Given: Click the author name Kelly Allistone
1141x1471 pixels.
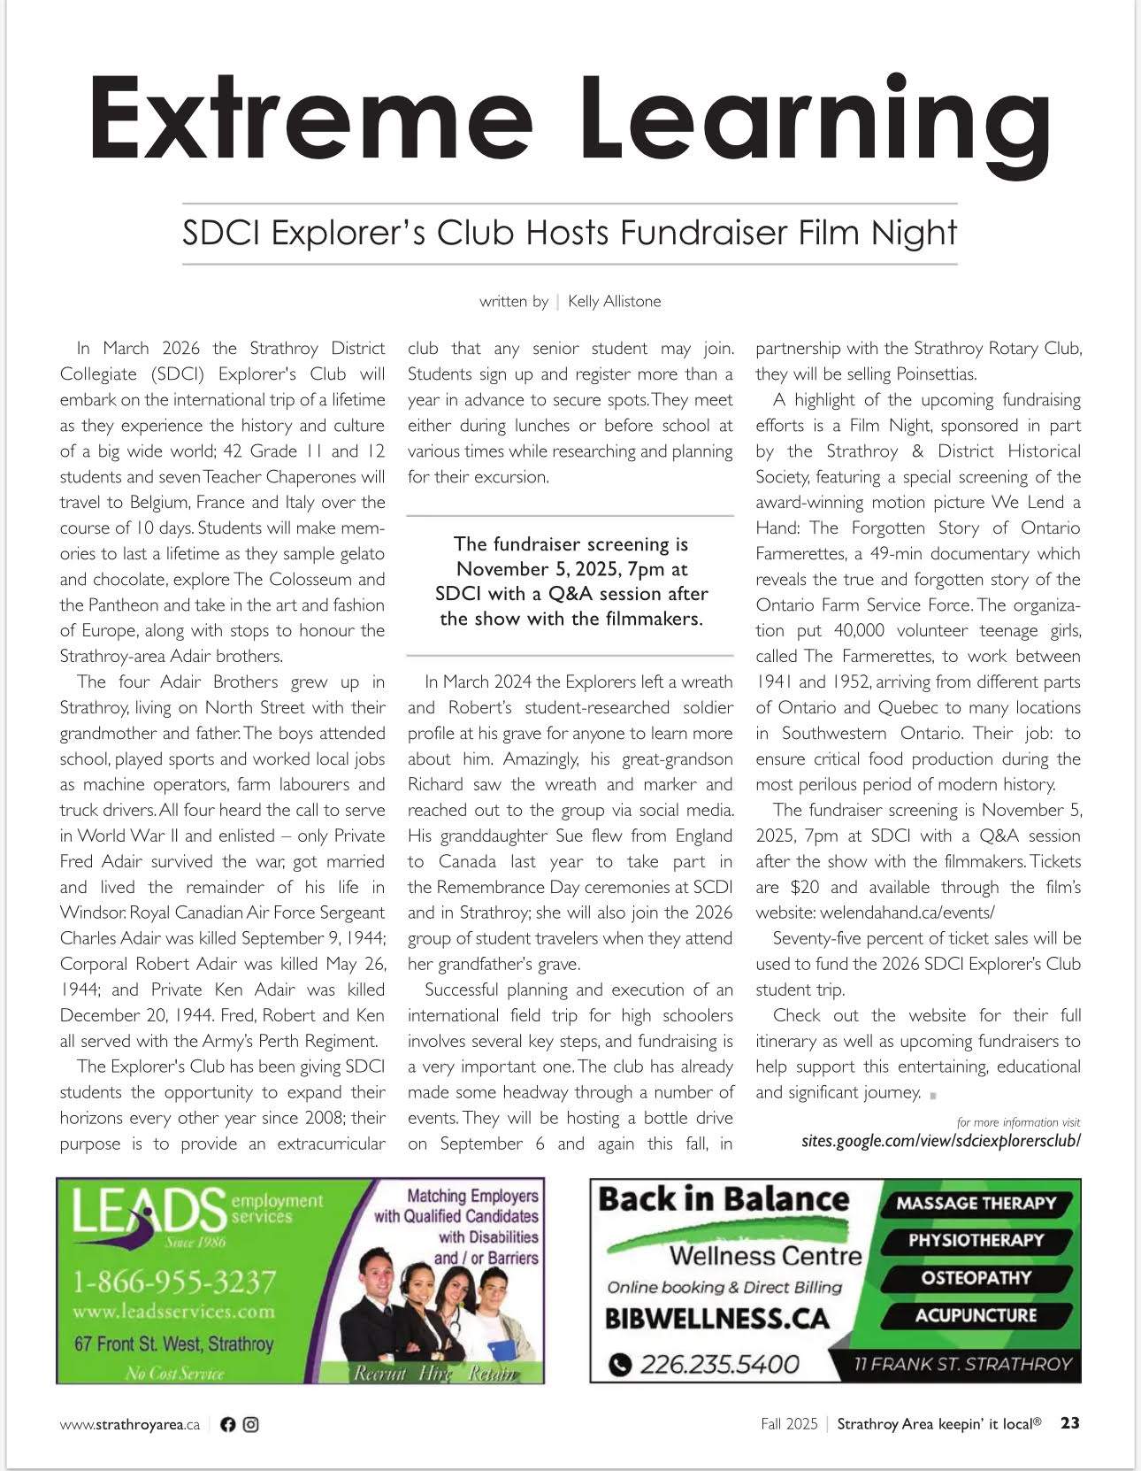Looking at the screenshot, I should pyautogui.click(x=614, y=302).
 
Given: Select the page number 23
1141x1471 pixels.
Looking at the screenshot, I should pyautogui.click(x=1070, y=1423).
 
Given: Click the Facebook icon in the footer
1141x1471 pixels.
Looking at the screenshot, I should pyautogui.click(x=228, y=1424).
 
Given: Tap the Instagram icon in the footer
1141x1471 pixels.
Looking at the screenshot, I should pyautogui.click(x=251, y=1424).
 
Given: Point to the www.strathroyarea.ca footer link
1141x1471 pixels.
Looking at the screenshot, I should pyautogui.click(x=130, y=1425).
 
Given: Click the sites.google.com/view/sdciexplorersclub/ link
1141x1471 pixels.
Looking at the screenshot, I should pyautogui.click(x=940, y=1140).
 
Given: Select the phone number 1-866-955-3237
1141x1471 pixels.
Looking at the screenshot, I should pyautogui.click(x=174, y=1282).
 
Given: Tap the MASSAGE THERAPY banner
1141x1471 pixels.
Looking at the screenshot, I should pyautogui.click(x=976, y=1204).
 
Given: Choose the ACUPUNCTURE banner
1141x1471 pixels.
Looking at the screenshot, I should pyautogui.click(x=976, y=1315).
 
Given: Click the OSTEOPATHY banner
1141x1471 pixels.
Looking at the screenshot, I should pyautogui.click(x=976, y=1278).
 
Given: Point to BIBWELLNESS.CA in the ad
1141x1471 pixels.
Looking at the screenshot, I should pyautogui.click(x=717, y=1319).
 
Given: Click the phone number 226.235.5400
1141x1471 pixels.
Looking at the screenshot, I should pyautogui.click(x=719, y=1364).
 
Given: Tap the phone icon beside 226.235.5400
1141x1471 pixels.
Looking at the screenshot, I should pyautogui.click(x=621, y=1365).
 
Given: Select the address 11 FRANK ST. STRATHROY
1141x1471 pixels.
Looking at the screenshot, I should pyautogui.click(x=962, y=1364).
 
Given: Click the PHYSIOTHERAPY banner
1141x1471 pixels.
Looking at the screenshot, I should pyautogui.click(x=976, y=1241).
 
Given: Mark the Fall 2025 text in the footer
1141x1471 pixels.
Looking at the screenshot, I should pyautogui.click(x=789, y=1424).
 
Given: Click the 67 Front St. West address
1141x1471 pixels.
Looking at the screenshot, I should pyautogui.click(x=173, y=1344).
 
